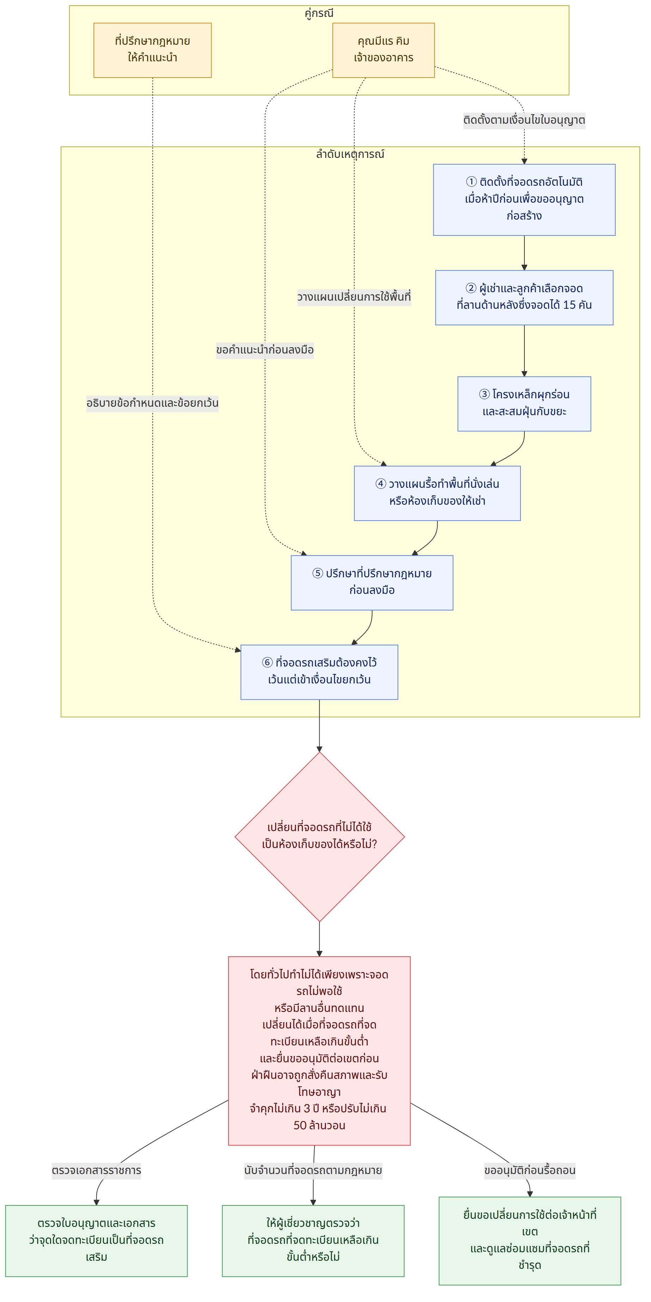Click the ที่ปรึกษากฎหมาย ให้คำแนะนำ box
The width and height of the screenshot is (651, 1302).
pyautogui.click(x=152, y=50)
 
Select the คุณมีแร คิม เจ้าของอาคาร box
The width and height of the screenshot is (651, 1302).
pyautogui.click(x=383, y=50)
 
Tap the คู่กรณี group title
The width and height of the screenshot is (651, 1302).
pyautogui.click(x=319, y=13)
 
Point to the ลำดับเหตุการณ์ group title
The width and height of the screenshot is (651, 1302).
pyautogui.click(x=350, y=154)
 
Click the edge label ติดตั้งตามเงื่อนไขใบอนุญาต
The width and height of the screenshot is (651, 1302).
pyautogui.click(x=524, y=120)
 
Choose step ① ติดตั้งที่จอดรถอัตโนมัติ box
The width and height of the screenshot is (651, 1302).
pyautogui.click(x=524, y=199)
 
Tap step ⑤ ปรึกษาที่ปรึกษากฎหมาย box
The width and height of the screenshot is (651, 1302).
pyautogui.click(x=372, y=582)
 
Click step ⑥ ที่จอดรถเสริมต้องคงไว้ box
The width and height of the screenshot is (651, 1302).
pyautogui.click(x=319, y=672)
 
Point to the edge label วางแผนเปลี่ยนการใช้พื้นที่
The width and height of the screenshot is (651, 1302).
pyautogui.click(x=354, y=297)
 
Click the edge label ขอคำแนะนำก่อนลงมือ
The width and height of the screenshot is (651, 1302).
pyautogui.click(x=265, y=350)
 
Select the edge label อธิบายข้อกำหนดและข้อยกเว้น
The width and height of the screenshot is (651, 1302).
pyautogui.click(x=152, y=403)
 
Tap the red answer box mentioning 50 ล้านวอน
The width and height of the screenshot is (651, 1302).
pyautogui.click(x=319, y=1051)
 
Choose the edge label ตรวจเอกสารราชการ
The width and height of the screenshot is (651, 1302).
pyautogui.click(x=96, y=1171)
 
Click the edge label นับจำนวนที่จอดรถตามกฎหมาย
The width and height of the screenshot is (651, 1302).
pyautogui.click(x=313, y=1171)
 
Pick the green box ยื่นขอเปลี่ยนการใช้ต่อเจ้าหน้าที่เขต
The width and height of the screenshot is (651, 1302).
pyautogui.click(x=530, y=1241)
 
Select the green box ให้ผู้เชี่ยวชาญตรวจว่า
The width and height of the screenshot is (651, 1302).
pyautogui.click(x=313, y=1241)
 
